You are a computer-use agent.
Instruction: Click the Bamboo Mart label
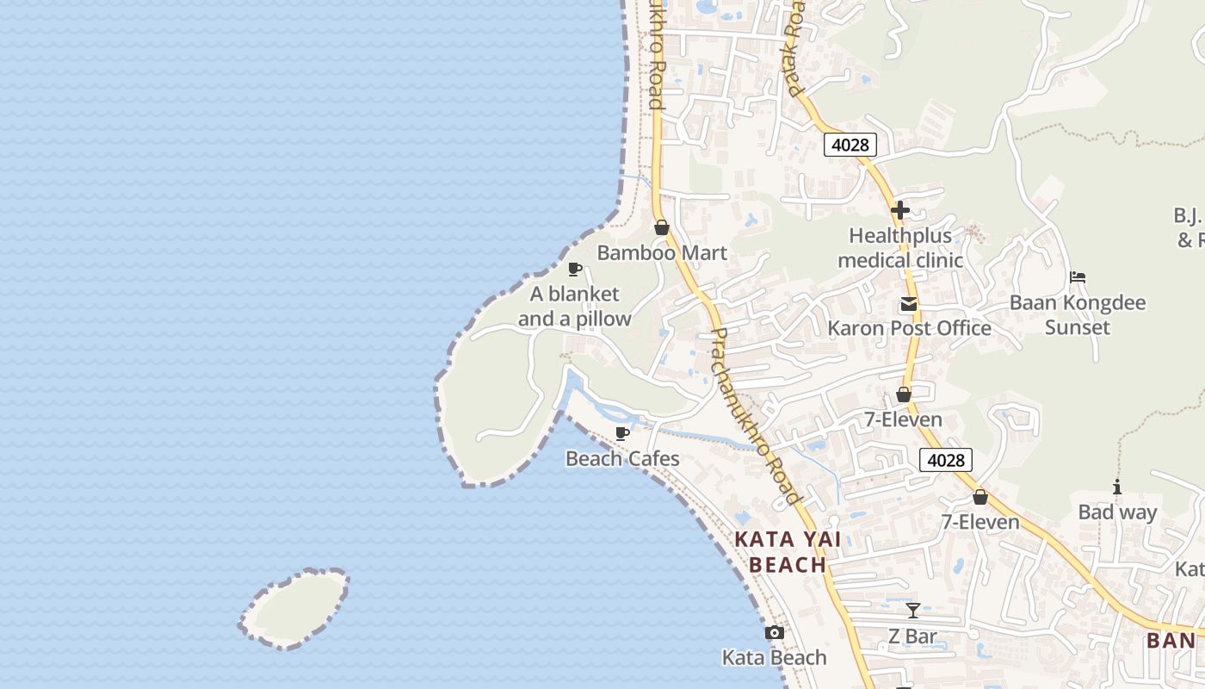coord(662,253)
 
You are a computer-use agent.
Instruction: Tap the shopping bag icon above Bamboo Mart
coord(662,227)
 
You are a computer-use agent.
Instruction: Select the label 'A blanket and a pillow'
coord(574,307)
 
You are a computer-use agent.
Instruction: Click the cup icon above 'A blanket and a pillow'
coord(575,270)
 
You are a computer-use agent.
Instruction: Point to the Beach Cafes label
coord(622,459)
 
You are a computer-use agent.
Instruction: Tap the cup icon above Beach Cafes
coord(622,433)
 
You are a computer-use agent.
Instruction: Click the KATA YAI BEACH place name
coord(787,552)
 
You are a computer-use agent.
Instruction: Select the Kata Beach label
coord(774,658)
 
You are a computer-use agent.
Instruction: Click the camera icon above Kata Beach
coord(774,633)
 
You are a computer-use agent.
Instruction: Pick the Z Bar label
coord(912,638)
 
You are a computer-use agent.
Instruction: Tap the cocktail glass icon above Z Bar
coord(913,611)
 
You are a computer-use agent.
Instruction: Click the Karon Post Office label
coord(909,329)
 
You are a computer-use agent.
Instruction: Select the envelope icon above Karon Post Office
coord(908,304)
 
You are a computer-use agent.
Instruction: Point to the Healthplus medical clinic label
coord(900,248)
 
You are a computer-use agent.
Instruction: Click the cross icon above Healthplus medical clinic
coord(900,209)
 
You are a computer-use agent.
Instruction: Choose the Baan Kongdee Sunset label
coord(1078,315)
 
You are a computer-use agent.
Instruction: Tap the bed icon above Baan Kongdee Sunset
coord(1078,277)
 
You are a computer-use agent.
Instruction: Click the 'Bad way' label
coord(1117,513)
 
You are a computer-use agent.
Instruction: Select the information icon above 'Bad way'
coord(1117,487)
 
